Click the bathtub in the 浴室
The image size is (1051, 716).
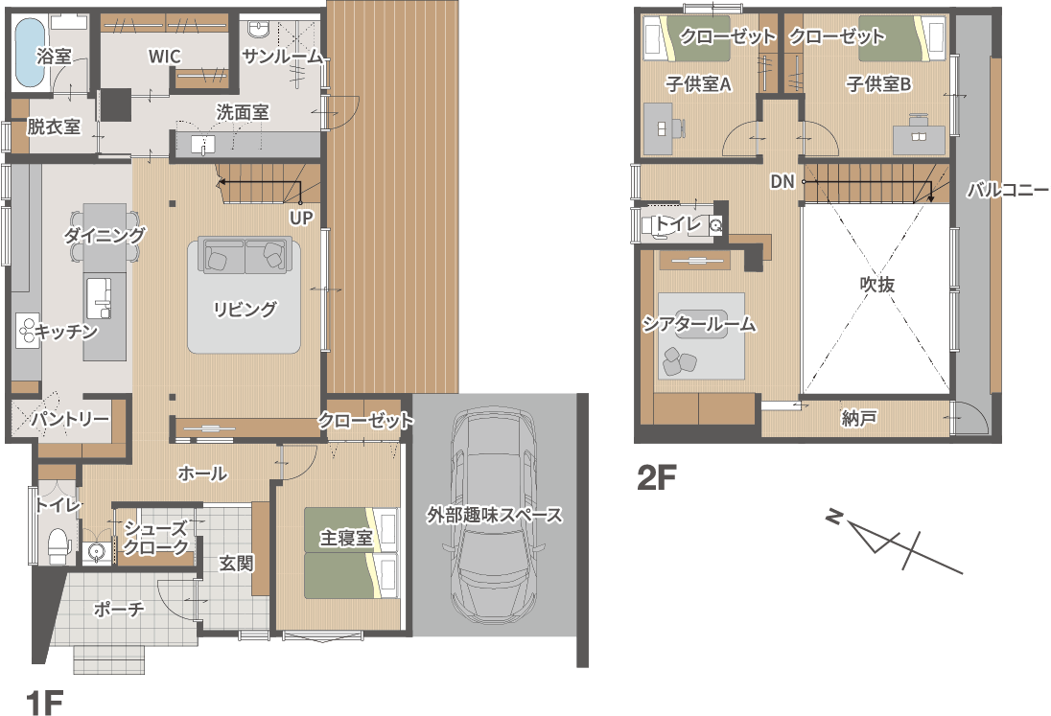[30, 53]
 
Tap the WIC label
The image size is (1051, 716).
[165, 57]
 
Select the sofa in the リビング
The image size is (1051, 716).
[245, 255]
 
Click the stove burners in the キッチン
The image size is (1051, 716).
[28, 330]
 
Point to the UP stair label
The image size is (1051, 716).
[301, 218]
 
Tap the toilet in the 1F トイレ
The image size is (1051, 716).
[59, 543]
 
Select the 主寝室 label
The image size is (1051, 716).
[346, 538]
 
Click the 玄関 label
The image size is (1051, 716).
[237, 564]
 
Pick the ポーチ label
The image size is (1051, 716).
[119, 609]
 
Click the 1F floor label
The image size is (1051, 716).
[45, 704]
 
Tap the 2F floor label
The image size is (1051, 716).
[656, 477]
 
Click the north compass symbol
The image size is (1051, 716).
[894, 542]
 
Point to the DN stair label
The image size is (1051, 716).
[782, 181]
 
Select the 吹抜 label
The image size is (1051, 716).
[877, 285]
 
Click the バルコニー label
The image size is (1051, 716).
[1008, 190]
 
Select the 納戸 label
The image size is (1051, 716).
[859, 419]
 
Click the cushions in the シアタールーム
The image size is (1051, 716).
[680, 361]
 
